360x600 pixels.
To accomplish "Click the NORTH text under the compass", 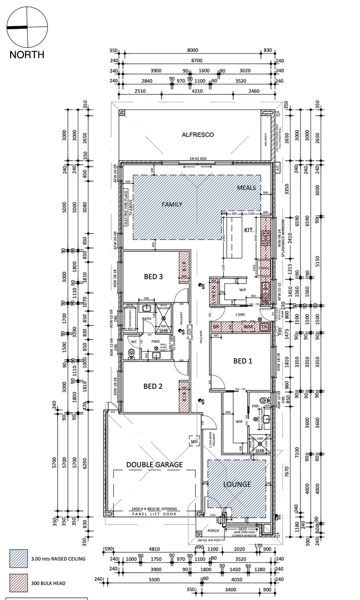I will point(26,54).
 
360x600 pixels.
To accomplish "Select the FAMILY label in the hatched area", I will point(172,204).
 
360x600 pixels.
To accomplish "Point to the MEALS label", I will point(246,188).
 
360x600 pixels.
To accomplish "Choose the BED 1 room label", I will point(242,361).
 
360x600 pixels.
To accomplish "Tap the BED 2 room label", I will point(153,386).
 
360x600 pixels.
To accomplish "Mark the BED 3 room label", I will point(153,276).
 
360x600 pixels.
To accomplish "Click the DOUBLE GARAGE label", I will point(154,464).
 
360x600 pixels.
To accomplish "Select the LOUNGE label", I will point(237,484).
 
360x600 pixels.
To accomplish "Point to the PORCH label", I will point(213,530).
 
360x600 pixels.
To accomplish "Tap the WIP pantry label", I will point(242,290).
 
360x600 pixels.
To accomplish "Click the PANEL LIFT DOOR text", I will point(154,514).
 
